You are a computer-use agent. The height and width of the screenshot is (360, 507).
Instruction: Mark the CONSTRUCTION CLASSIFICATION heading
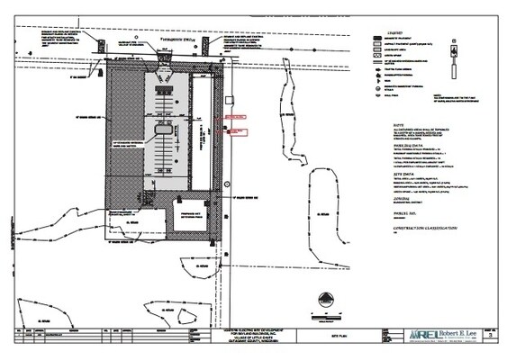[420, 229]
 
